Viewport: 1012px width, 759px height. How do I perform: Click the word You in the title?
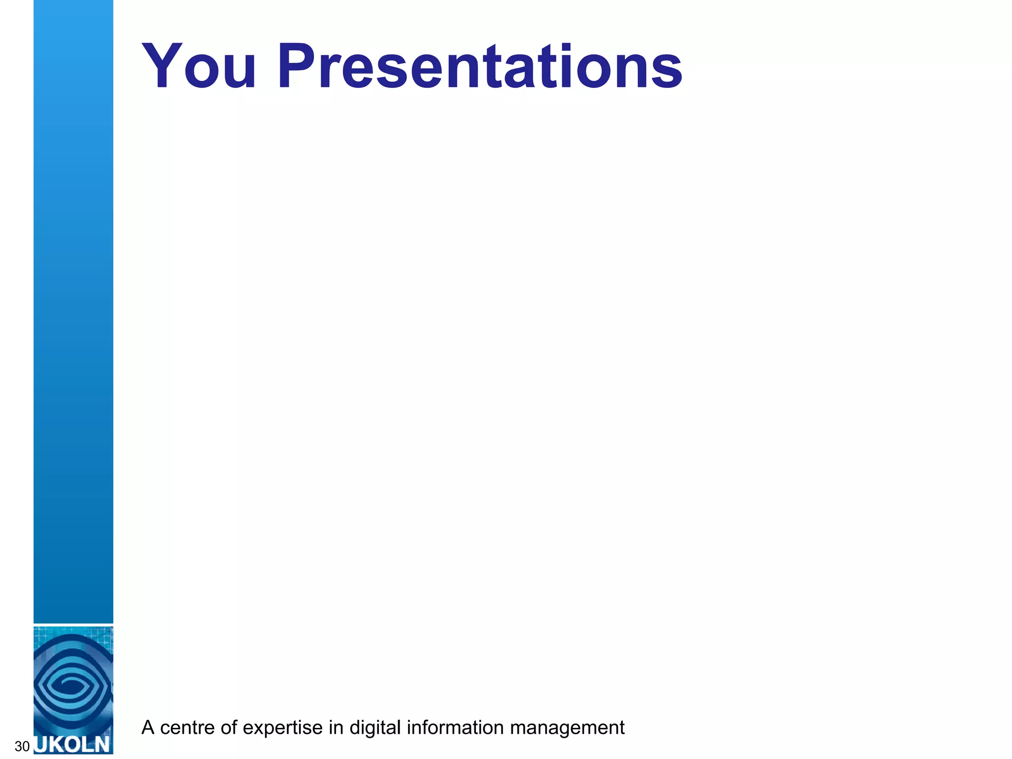point(199,67)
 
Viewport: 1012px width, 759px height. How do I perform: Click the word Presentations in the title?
point(479,67)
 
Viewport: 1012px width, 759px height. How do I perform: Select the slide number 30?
point(22,746)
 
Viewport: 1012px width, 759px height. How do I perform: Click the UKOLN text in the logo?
point(73,744)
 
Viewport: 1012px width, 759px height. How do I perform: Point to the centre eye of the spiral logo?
point(72,686)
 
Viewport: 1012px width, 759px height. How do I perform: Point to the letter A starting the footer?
point(148,728)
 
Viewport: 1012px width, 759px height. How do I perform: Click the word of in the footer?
point(229,728)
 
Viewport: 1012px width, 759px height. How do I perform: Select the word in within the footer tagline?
point(336,728)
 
